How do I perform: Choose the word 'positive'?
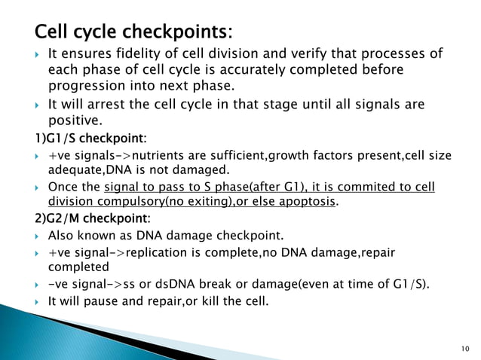[73, 119]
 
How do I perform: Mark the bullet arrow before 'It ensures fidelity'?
[38, 56]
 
